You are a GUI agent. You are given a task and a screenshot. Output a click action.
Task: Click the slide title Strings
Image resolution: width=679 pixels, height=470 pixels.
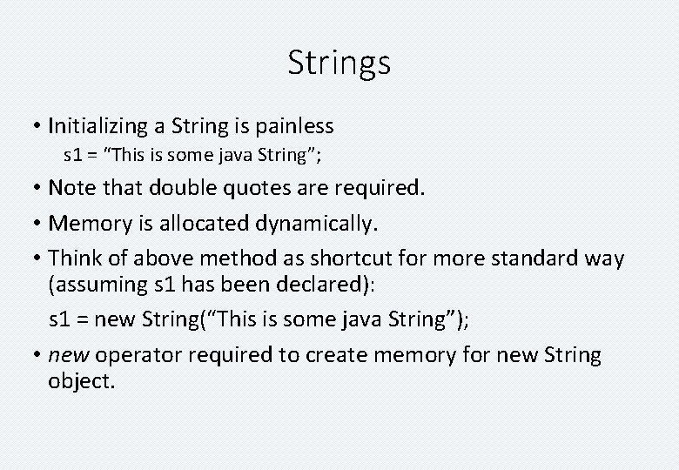(339, 63)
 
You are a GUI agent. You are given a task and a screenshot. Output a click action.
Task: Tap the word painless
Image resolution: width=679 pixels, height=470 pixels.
(295, 126)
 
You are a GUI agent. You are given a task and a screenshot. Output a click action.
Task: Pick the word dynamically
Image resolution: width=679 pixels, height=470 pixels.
(317, 224)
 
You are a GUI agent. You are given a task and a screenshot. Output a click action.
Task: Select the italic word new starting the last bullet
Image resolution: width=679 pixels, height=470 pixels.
(69, 355)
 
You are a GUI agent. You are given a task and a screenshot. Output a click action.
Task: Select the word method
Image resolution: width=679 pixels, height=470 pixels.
(228, 258)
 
